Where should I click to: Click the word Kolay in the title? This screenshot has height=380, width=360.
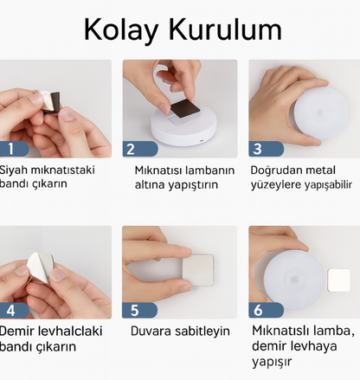tap(121, 30)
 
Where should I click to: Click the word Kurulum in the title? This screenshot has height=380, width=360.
tap(225, 29)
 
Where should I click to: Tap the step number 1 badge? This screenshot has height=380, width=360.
tap(13, 149)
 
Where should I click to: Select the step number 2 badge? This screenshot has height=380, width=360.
tap(140, 149)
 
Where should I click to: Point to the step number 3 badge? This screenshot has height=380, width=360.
tap(267, 149)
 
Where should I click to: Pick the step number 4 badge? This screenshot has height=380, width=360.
tap(14, 311)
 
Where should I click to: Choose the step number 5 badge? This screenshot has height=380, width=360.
tap(139, 311)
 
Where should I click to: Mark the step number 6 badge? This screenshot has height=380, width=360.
tap(266, 310)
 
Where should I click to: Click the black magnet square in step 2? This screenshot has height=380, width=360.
tap(185, 108)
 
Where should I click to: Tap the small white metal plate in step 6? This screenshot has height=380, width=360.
tap(338, 280)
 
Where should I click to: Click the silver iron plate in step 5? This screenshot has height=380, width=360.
tap(198, 270)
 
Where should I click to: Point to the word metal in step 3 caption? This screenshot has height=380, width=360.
tap(319, 170)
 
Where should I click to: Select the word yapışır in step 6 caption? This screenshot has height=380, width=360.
tap(272, 362)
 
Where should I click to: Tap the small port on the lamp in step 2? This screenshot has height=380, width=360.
tap(201, 141)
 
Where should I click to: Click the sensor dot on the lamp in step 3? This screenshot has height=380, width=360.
tap(320, 113)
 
